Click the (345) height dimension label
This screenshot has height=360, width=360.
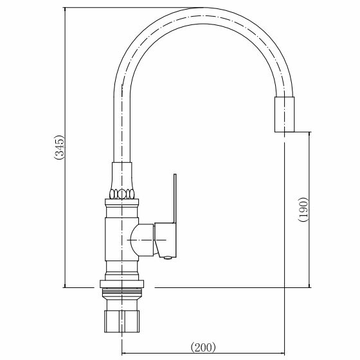(x=59, y=147)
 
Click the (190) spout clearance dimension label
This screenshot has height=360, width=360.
(x=303, y=210)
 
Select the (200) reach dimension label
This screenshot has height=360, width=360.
(x=203, y=347)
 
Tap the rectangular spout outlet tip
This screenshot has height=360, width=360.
(x=284, y=114)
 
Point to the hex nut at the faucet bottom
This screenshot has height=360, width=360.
(x=122, y=321)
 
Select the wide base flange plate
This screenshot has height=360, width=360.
(x=122, y=284)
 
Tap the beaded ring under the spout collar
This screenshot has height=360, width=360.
(x=122, y=194)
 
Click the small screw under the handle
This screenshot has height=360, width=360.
(x=168, y=258)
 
